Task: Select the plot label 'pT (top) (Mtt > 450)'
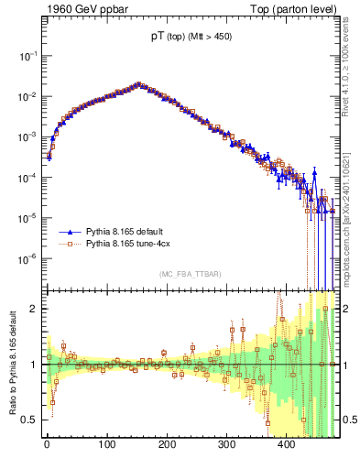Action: pos(191,38)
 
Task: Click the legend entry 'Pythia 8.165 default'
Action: pos(132,234)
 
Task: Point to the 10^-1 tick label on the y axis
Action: pos(28,56)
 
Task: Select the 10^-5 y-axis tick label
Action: pos(28,217)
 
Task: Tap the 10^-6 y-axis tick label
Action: pos(28,257)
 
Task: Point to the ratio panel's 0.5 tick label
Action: pos(30,420)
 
